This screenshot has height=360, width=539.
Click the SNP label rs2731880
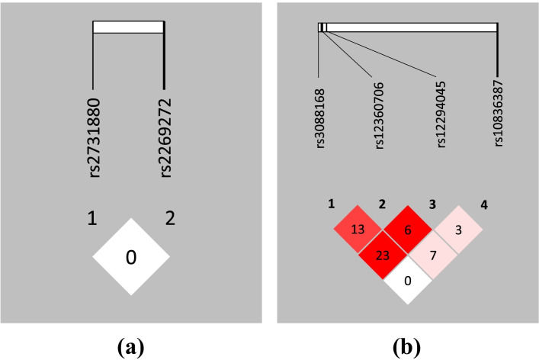[x=94, y=137]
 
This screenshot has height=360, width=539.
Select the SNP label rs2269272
[x=165, y=137]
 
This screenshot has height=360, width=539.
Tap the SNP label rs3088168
[x=320, y=121]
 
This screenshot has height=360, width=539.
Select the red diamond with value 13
[x=357, y=230]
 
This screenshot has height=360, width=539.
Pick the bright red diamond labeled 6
[x=407, y=230]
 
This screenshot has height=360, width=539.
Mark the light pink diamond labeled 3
[x=457, y=230]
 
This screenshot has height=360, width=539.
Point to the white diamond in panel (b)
[x=407, y=281]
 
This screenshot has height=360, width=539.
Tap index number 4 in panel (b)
[x=484, y=204]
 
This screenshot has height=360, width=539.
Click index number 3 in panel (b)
[x=432, y=204]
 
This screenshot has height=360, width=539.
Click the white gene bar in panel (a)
[x=128, y=27]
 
